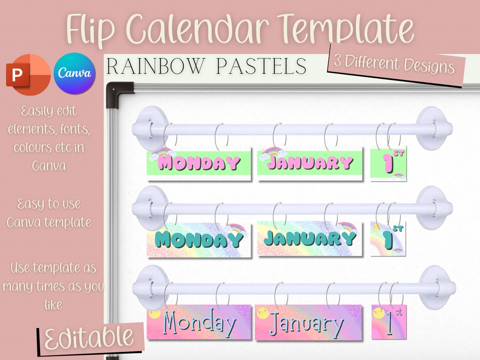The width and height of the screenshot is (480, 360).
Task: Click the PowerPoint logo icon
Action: (28, 74)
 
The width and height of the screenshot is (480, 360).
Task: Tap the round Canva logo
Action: (75, 73)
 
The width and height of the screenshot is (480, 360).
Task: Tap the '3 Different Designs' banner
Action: (395, 64)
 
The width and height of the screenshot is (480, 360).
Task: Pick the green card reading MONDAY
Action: (199, 164)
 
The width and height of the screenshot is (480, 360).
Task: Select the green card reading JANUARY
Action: (310, 163)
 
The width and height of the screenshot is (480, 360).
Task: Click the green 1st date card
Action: (388, 164)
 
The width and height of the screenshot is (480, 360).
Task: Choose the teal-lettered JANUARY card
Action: (310, 239)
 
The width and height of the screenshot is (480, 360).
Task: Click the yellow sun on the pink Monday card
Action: (155, 314)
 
